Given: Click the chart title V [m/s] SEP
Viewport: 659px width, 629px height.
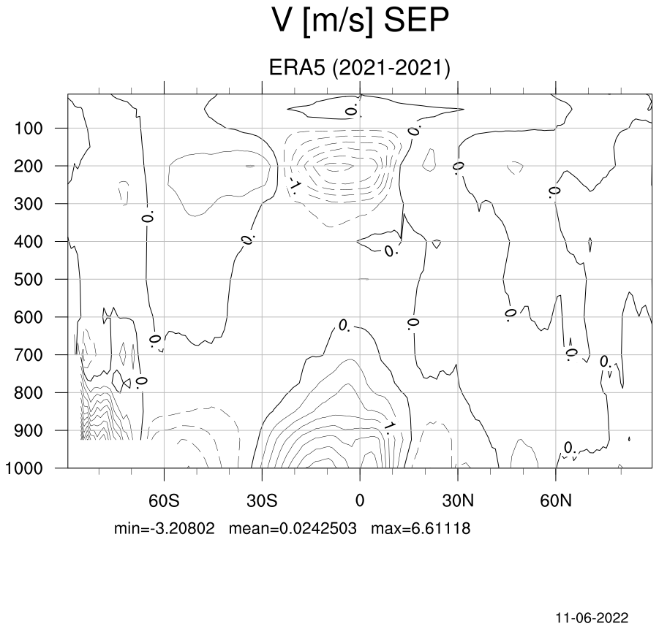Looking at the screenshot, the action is (361, 20).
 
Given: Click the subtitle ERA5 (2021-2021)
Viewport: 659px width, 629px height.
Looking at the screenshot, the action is (359, 68).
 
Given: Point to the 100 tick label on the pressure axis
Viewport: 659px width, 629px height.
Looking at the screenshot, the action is (28, 129).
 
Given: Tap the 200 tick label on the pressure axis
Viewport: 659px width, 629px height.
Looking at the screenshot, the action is (28, 167).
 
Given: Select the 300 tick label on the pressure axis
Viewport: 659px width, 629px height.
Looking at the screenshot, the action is (28, 204).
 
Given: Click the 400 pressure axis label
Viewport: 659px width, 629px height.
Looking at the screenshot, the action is (28, 242).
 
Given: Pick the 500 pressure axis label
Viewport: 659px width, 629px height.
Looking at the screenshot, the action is (28, 280).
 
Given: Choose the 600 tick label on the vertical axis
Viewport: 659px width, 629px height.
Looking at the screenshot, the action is (28, 318).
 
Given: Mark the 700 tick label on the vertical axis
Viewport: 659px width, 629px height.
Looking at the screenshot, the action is (28, 355).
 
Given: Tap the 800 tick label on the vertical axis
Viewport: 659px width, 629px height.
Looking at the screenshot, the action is (28, 393).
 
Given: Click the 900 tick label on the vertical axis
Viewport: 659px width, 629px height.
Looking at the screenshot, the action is (28, 431).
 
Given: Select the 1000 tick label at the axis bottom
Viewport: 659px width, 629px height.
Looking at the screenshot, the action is (24, 468).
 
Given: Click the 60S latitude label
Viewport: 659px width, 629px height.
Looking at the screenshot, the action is (164, 500).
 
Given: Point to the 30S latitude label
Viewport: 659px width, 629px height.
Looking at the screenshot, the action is (262, 500).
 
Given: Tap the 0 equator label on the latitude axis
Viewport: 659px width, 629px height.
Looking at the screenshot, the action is (360, 500).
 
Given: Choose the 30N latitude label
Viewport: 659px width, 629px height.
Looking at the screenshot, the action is (458, 500).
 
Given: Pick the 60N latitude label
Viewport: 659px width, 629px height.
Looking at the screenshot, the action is (556, 500).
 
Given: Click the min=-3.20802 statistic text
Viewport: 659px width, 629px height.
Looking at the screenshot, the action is (165, 528).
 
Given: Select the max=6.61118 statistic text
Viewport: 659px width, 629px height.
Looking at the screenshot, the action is (421, 528).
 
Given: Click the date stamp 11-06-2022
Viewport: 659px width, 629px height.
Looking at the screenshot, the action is (592, 618).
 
